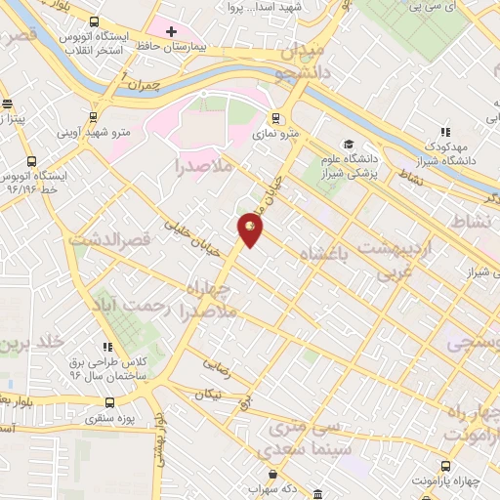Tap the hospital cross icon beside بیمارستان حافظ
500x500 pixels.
[x=171, y=31]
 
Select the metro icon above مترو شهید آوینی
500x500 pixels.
[x=95, y=114]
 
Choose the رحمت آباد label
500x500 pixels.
[x=138, y=309]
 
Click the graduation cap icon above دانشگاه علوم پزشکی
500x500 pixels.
[x=349, y=144]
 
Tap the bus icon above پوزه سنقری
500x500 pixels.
[x=109, y=401]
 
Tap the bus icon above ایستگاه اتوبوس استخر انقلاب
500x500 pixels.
[x=94, y=22]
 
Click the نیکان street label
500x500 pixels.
[x=210, y=395]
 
